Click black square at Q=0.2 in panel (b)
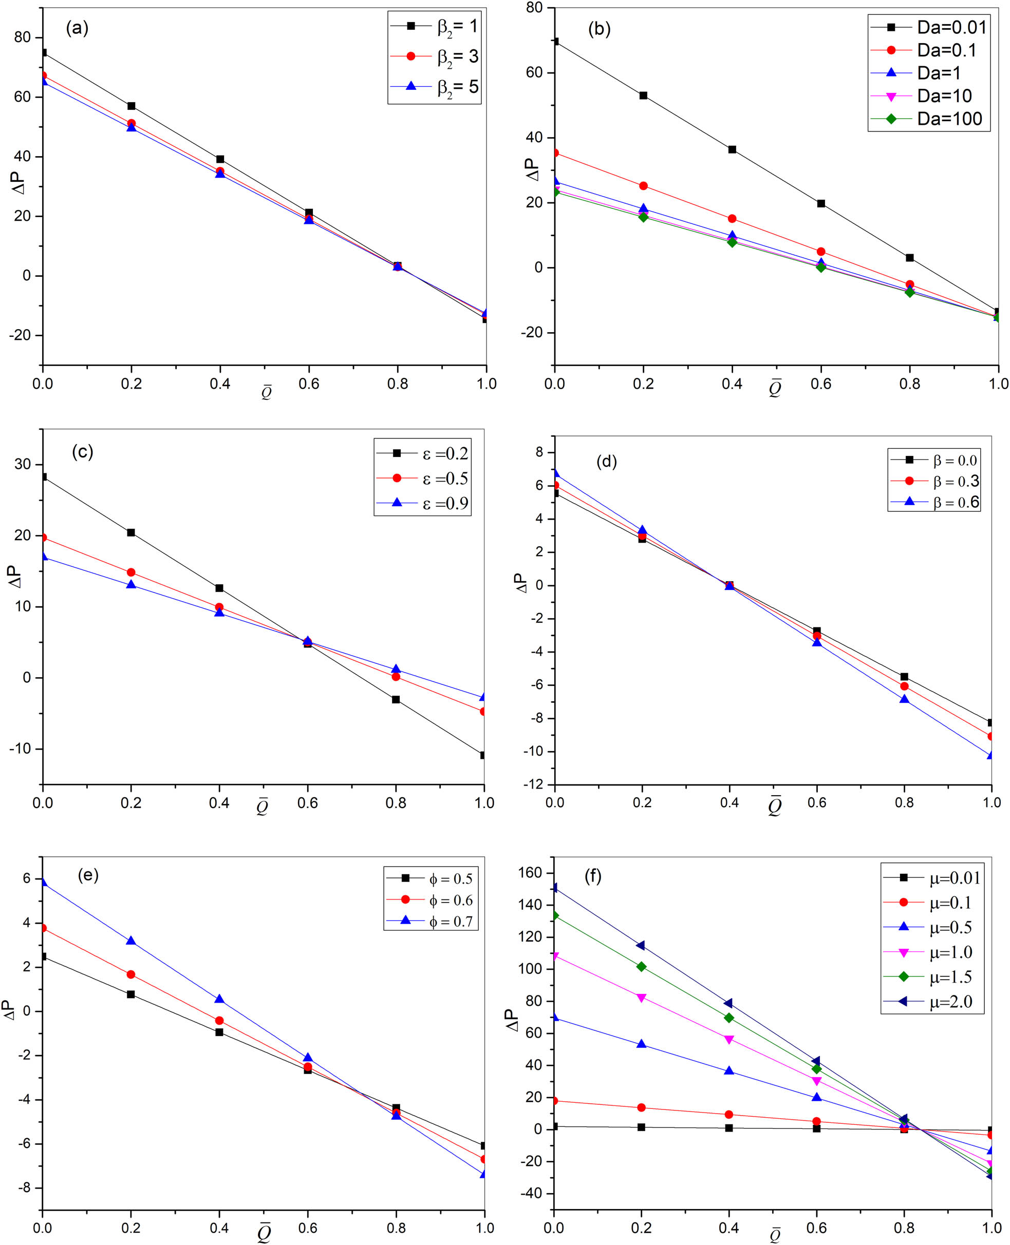[643, 95]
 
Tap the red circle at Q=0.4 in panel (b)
[732, 219]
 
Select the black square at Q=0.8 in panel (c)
[396, 700]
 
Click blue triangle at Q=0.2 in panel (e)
[131, 941]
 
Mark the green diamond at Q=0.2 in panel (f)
[641, 966]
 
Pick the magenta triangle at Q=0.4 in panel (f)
[729, 1039]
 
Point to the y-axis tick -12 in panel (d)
[535, 785]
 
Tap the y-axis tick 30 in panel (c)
[23, 464]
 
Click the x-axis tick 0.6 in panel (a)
[308, 384]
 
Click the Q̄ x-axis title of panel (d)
[775, 807]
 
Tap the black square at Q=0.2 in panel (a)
[132, 106]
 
